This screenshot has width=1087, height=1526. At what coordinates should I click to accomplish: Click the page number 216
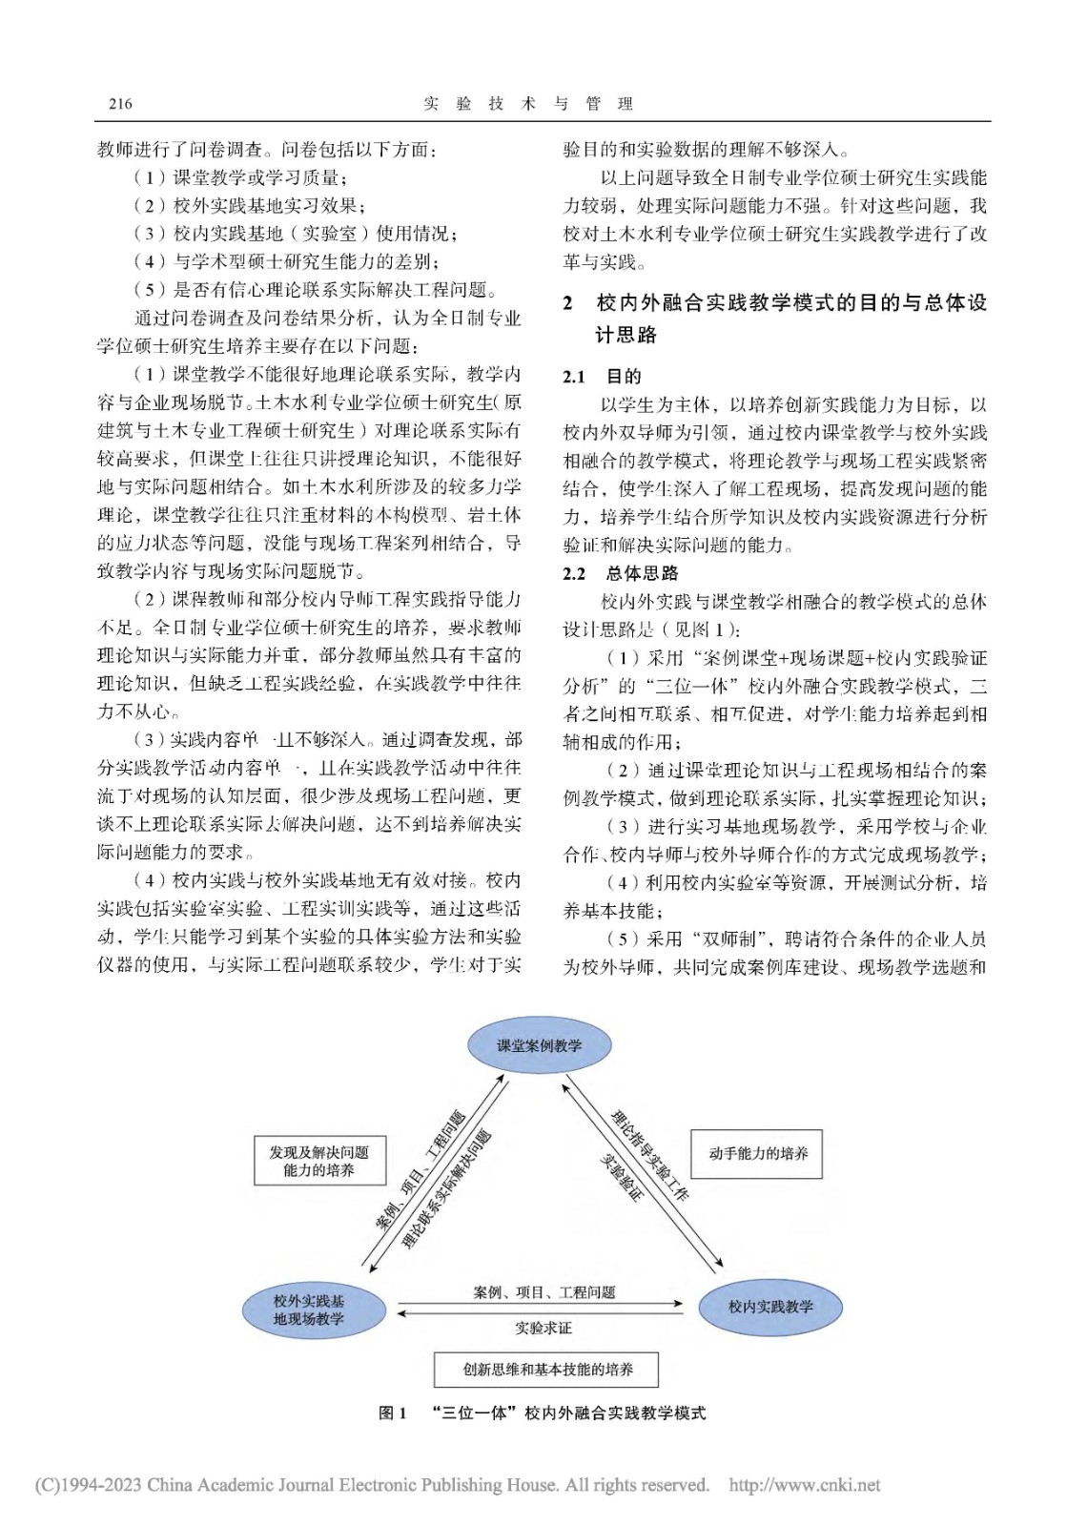point(120,104)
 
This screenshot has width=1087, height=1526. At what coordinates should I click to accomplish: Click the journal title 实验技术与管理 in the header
point(527,104)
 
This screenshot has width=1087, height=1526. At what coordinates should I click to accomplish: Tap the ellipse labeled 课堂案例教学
point(539,1045)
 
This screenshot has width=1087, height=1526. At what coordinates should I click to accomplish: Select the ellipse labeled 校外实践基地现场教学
point(308,1309)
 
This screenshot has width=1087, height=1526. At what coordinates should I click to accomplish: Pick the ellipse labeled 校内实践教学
point(770,1307)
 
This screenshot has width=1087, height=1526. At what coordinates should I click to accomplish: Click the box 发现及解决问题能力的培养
point(318,1161)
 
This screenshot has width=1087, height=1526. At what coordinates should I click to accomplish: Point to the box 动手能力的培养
point(758,1153)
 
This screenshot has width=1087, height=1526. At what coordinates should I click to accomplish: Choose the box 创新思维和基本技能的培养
point(547,1369)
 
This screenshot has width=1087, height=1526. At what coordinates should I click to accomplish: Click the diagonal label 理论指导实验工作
point(650,1154)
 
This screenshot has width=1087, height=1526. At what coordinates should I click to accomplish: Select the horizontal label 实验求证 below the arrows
point(543,1328)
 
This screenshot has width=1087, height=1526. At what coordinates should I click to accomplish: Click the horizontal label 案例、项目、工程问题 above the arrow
point(544,1292)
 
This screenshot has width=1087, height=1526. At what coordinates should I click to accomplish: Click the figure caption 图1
point(392,1413)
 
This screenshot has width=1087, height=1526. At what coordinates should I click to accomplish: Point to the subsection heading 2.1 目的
point(602,377)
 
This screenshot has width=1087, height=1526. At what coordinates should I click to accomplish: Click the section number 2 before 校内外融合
point(568,303)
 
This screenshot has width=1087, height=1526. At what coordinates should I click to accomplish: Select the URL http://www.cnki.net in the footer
point(804,1485)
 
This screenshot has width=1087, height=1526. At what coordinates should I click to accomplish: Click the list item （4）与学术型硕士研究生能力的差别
point(287,261)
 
